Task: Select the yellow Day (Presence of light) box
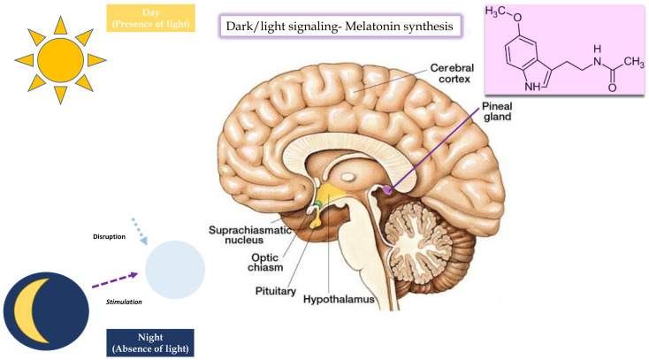point(148,17)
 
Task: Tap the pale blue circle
point(175,270)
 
